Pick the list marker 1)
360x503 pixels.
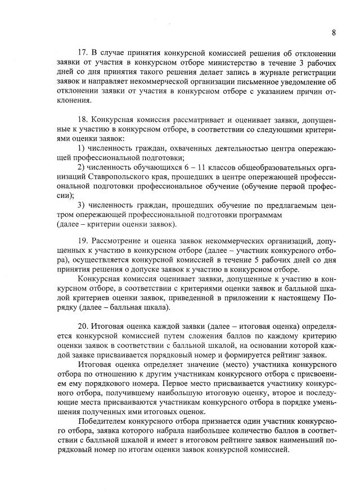82,148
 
